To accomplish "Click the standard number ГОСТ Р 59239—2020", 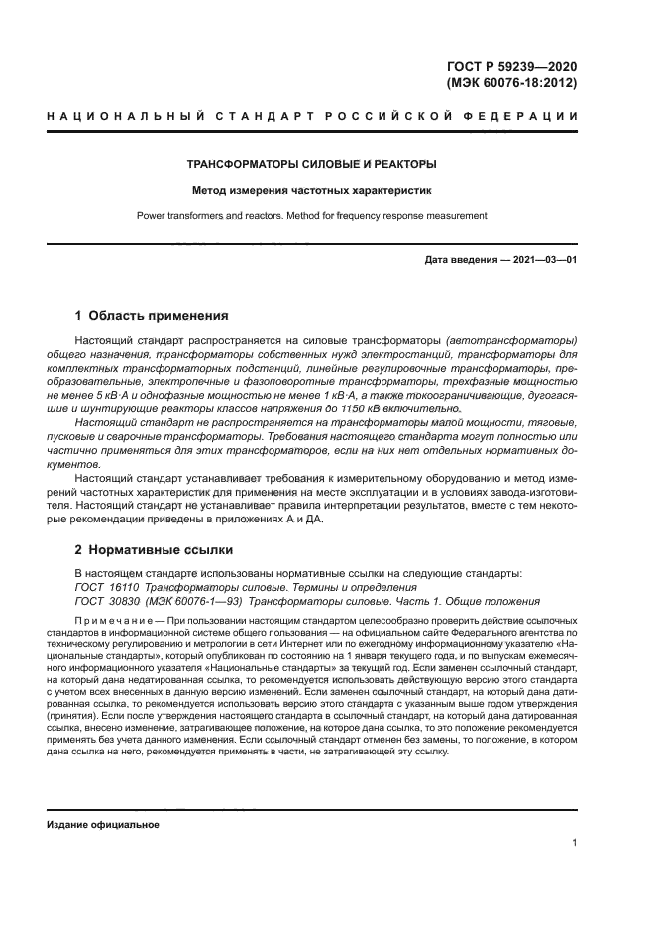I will [511, 66].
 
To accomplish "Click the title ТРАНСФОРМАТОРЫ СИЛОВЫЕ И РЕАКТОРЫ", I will [312, 164].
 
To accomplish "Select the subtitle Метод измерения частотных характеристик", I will [312, 189].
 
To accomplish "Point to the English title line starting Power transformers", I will [312, 215].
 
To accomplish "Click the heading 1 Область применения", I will [153, 317].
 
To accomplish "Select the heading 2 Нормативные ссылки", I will [156, 548].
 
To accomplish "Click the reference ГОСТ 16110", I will [106, 587].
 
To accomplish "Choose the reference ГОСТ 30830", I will [106, 601].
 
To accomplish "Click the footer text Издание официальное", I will [103, 825].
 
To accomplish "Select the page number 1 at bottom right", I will [574, 843].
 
